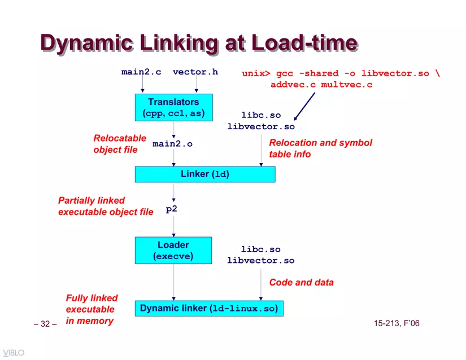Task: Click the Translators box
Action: point(174,107)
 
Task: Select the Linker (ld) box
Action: point(205,174)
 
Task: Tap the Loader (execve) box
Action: point(173,250)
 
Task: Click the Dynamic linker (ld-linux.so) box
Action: point(209,308)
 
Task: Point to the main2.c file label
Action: point(141,72)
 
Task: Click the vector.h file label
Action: point(195,72)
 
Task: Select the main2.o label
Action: point(172,144)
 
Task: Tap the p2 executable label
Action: point(172,209)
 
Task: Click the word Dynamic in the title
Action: point(87,43)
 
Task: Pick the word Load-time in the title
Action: point(304,42)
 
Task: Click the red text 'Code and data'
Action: point(302,282)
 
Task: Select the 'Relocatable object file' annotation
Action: point(120,144)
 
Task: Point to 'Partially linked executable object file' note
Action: point(106,207)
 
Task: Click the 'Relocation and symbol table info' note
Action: point(320,148)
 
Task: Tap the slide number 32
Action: point(45,324)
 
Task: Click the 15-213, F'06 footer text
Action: point(397,323)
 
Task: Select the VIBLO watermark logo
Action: point(14,353)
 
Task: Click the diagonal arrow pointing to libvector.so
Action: point(304,107)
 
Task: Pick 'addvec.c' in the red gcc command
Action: point(293,85)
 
